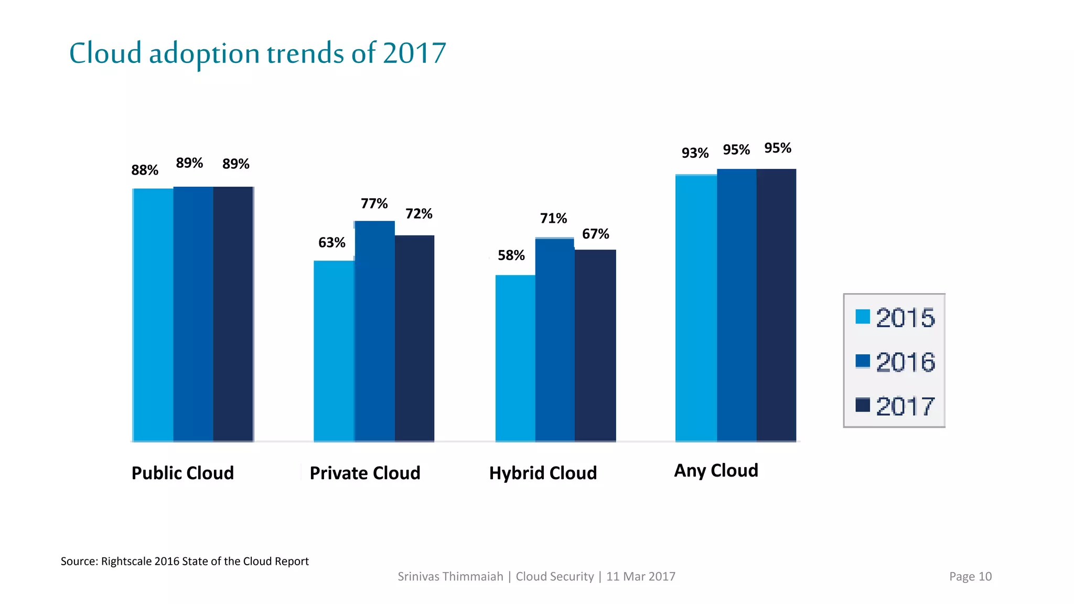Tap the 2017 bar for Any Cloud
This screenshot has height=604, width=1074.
click(x=776, y=305)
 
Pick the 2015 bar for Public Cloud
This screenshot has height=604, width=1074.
click(x=153, y=315)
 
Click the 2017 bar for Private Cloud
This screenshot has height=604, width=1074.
click(x=414, y=338)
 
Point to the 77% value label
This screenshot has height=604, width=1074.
click(x=374, y=203)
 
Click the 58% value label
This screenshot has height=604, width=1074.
click(x=511, y=255)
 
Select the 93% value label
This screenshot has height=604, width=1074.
click(x=695, y=153)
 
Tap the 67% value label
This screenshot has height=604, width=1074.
click(x=595, y=234)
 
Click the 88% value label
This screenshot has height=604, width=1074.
click(x=144, y=170)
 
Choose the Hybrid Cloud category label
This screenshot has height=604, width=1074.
click(x=543, y=473)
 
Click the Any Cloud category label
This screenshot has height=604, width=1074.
click(x=716, y=470)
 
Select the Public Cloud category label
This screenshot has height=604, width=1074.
click(x=182, y=473)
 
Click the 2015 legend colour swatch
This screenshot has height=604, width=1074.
click(x=862, y=317)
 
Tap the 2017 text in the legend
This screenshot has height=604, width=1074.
click(x=905, y=406)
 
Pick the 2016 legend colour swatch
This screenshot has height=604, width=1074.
click(x=862, y=361)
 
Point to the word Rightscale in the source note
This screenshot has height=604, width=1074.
click(x=126, y=562)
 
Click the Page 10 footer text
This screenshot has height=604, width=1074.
click(x=970, y=577)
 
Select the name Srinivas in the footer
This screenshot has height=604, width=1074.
click(x=420, y=577)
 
